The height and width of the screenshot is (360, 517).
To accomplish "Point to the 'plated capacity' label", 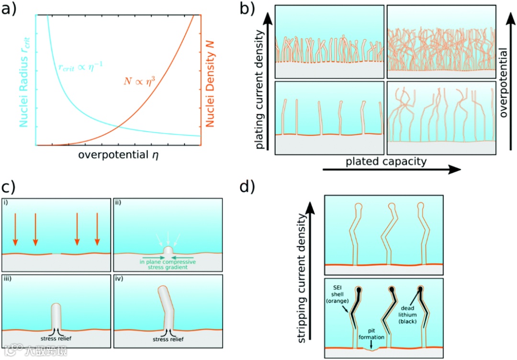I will (x=386, y=161).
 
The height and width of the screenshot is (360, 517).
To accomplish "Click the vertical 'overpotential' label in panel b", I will (x=504, y=79).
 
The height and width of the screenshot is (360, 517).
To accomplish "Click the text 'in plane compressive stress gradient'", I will (x=167, y=264).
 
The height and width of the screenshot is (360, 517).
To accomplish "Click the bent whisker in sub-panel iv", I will (x=166, y=306).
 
